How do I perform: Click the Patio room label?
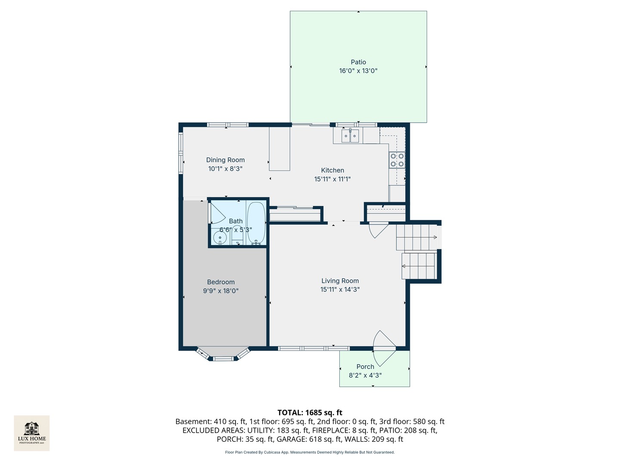click(358, 62)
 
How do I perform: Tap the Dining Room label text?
click(225, 160)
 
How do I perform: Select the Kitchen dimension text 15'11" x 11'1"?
click(332, 179)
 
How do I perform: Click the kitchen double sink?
click(350, 136)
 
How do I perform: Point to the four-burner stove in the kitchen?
click(397, 160)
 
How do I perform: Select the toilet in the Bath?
click(237, 235)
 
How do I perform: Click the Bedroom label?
click(221, 282)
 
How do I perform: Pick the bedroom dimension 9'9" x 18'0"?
click(221, 291)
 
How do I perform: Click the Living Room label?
click(340, 281)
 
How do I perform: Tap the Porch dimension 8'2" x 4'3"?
click(365, 375)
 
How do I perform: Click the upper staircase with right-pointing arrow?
click(416, 237)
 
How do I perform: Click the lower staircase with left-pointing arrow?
click(419, 266)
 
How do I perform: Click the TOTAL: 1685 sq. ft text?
click(310, 412)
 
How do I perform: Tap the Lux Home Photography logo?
click(32, 433)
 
